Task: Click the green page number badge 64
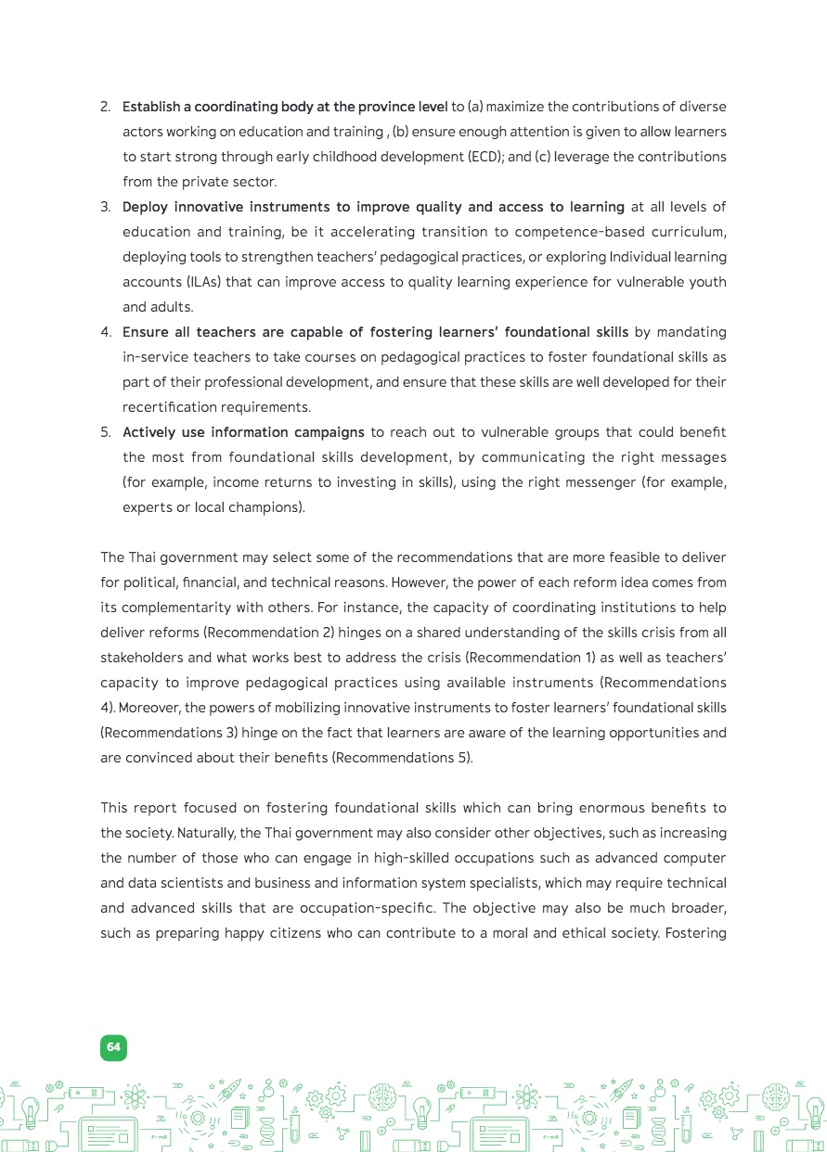point(113,1047)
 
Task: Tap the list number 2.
point(105,107)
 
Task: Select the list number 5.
point(105,432)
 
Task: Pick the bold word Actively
point(149,432)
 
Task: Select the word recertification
point(169,407)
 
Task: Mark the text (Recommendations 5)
point(402,758)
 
